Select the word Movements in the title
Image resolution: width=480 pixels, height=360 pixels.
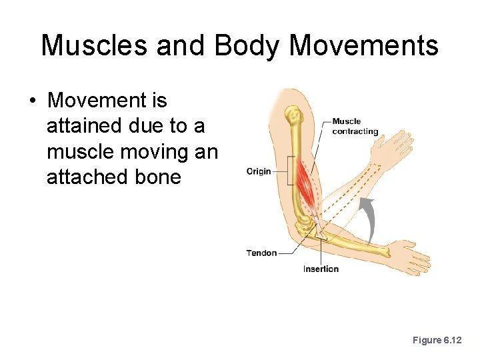tap(365, 45)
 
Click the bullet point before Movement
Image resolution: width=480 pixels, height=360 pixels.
tap(32, 102)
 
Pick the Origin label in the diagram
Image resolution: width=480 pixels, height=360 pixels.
tap(259, 171)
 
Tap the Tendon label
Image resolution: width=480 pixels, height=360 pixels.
tap(261, 253)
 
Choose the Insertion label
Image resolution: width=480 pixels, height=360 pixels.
tap(321, 269)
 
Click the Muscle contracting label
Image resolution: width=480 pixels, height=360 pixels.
tap(355, 126)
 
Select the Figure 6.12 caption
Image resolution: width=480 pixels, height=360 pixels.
tap(437, 340)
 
